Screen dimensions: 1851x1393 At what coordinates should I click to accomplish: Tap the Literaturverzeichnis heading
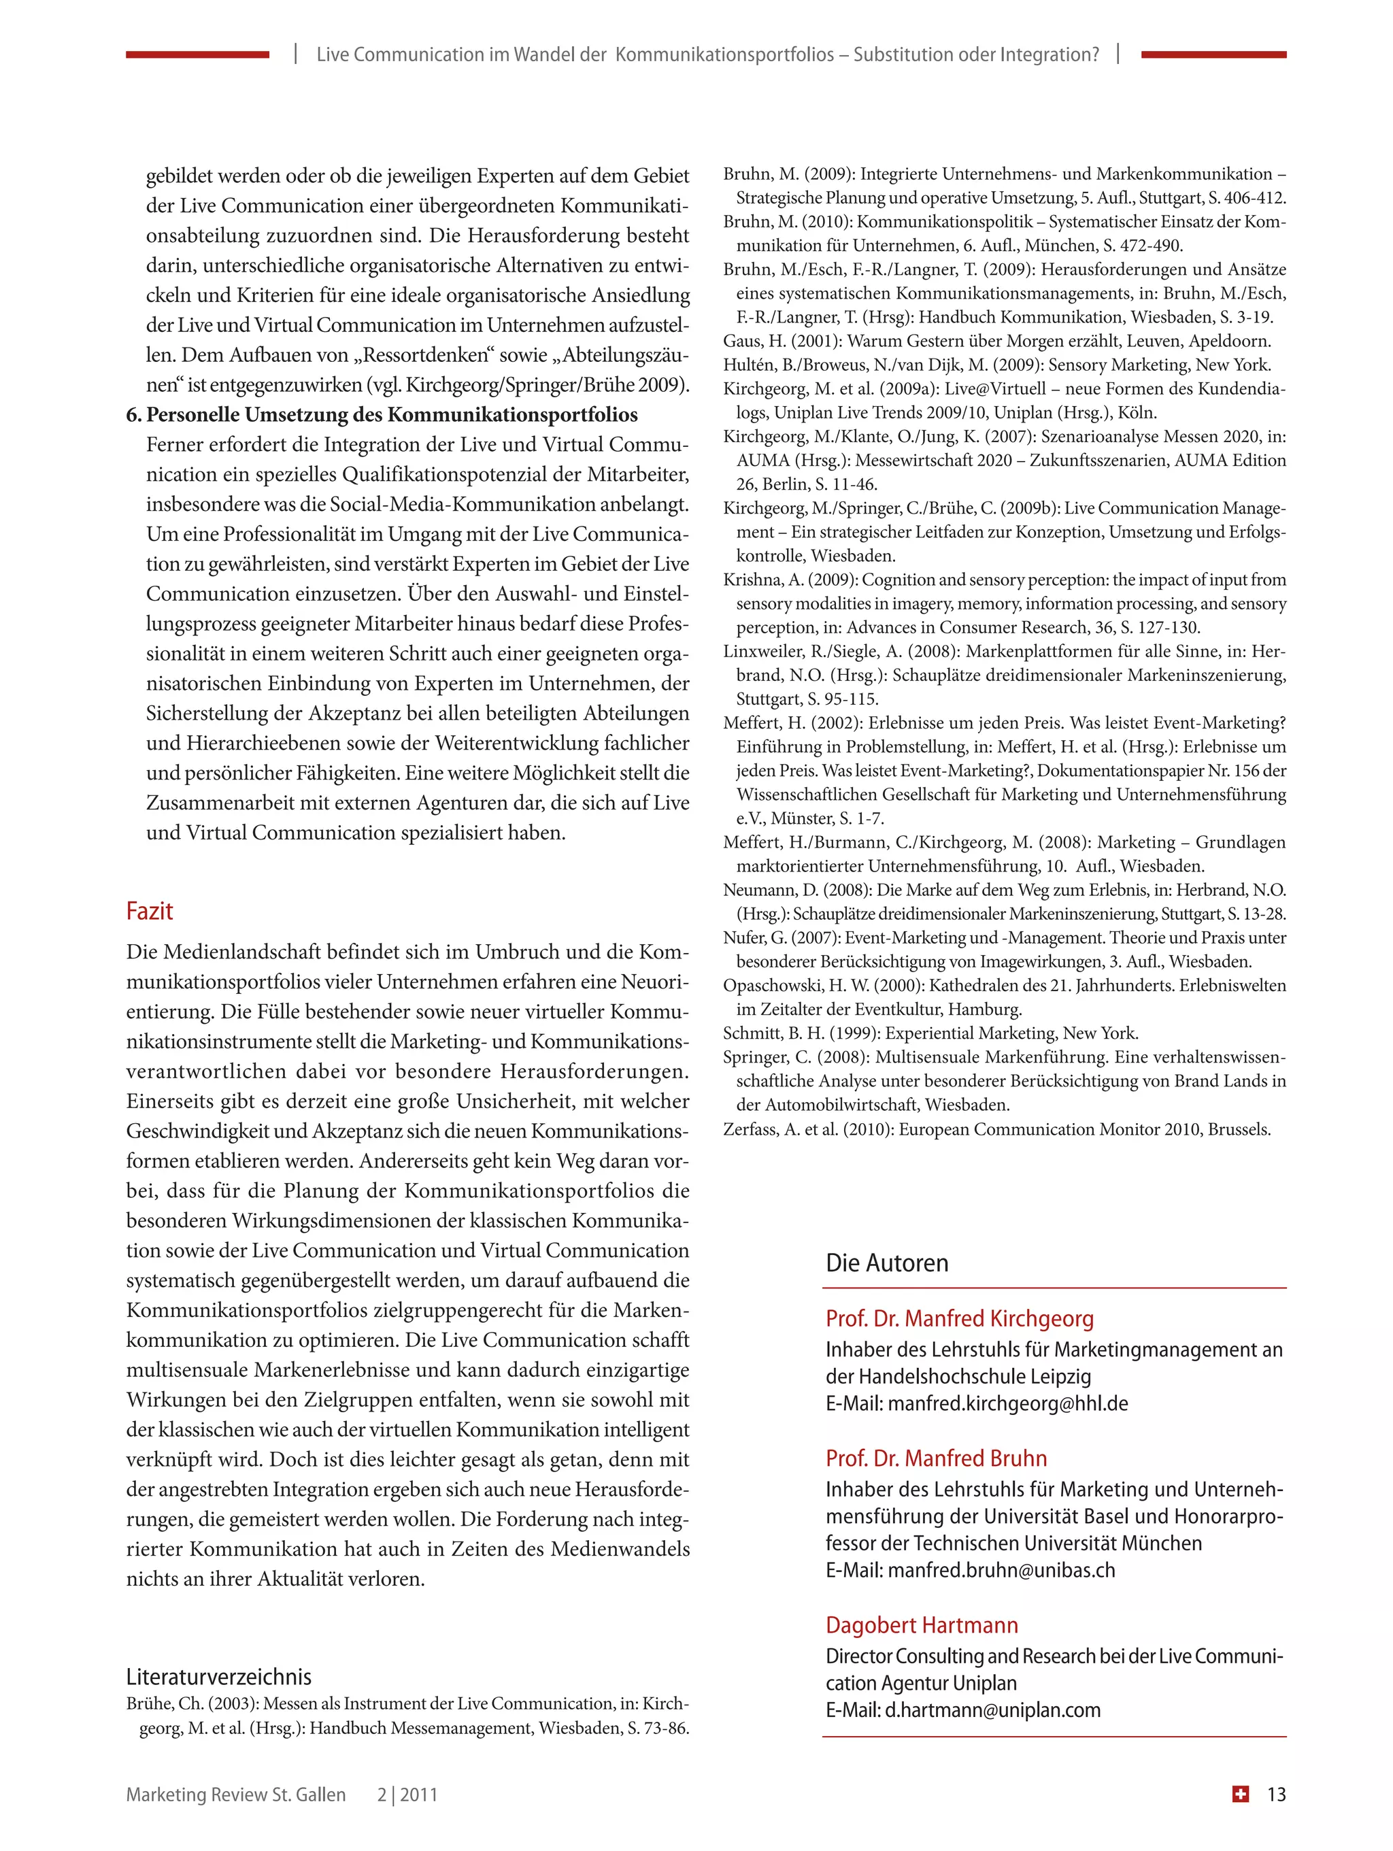(218, 1676)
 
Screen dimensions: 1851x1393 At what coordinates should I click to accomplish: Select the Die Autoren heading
(887, 1263)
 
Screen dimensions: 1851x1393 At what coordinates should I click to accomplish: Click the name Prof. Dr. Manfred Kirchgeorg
(960, 1319)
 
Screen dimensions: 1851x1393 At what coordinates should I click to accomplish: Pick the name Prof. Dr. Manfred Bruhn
(936, 1458)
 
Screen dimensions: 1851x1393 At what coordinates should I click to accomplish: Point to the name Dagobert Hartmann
(921, 1625)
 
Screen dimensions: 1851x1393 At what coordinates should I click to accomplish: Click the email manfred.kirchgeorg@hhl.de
(1007, 1403)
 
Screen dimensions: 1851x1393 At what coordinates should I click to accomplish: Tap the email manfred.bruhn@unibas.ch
(1001, 1570)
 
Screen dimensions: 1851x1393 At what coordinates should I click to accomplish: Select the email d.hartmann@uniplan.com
(992, 1710)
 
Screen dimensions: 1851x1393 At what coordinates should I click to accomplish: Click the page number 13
(1276, 1794)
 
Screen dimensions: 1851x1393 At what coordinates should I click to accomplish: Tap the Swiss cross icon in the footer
(1241, 1793)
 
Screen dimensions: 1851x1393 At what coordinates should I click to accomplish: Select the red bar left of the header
(197, 54)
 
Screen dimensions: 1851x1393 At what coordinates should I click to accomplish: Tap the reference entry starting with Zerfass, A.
(996, 1130)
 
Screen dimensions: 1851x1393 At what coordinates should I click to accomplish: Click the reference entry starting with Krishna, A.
(1004, 603)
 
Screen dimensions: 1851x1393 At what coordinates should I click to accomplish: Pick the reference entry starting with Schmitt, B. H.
(930, 1033)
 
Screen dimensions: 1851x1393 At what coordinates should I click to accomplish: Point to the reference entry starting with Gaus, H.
(996, 341)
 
